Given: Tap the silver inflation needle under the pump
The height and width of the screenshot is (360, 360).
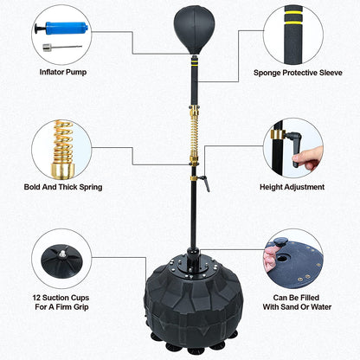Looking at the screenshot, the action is [x=62, y=48].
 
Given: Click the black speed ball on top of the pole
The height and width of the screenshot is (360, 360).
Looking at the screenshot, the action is [x=195, y=30].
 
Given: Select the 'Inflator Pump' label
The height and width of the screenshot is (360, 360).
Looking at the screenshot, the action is [x=63, y=72].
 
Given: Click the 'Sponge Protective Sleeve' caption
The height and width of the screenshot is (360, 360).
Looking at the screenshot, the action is [x=298, y=73].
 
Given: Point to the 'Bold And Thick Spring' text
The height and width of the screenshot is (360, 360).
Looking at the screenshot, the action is [x=63, y=187].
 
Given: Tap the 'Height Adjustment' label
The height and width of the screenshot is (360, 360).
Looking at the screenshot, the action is [x=292, y=187].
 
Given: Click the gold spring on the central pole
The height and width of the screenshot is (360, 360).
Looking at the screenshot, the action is [x=195, y=135].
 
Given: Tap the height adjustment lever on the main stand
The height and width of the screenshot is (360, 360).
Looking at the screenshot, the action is [x=205, y=183].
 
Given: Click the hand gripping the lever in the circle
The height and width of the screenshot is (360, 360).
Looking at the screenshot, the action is [x=307, y=157].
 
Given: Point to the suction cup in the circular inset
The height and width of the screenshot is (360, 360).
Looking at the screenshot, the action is [x=61, y=261].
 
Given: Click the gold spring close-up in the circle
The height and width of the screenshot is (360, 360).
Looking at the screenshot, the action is [x=63, y=141].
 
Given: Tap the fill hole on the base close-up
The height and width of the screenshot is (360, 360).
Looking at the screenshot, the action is [x=281, y=258].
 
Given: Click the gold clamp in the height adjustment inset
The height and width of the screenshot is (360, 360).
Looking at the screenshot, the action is [x=278, y=134].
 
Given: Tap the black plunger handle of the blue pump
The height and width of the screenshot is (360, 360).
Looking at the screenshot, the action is [x=40, y=29].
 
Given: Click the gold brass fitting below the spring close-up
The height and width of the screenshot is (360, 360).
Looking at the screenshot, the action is [x=62, y=170].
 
